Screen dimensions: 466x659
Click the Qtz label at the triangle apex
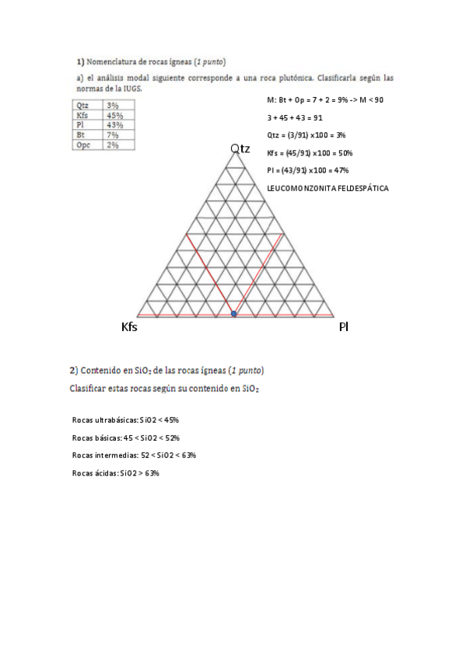coord(240,148)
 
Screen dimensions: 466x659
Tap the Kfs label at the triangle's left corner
coord(129,328)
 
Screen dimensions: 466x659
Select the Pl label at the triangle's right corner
coord(343,327)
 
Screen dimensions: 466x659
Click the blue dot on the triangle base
coord(234,313)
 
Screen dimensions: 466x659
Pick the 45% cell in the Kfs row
coord(114,116)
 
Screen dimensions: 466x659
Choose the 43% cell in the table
coord(114,125)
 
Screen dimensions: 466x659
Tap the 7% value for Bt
coord(112,135)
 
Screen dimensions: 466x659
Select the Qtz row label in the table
coord(82,106)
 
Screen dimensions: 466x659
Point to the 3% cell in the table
coord(112,106)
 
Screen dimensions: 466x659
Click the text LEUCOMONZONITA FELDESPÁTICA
coord(327,189)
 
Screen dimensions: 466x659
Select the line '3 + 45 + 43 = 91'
coord(295,117)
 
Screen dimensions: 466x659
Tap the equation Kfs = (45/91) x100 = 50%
coord(310,153)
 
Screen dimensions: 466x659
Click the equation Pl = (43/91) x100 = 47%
coord(307,171)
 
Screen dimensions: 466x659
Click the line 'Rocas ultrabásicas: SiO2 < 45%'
coord(125,420)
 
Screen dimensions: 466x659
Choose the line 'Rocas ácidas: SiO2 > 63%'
coord(115,473)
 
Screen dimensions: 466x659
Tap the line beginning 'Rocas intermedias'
coord(133,455)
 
